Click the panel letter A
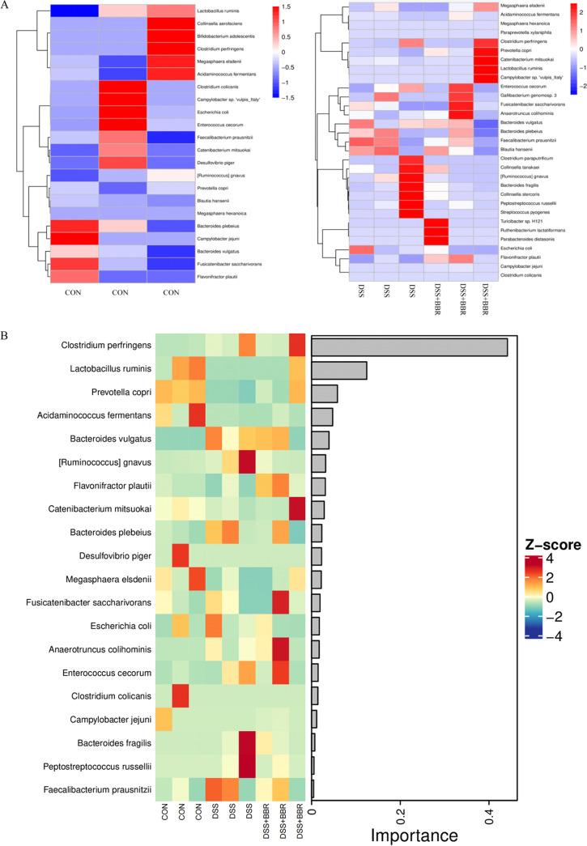[6, 6]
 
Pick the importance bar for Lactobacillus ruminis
[339, 370]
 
